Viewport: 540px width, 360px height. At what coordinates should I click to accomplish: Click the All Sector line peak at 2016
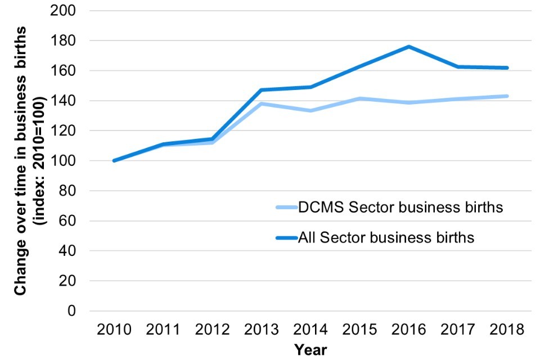(409, 47)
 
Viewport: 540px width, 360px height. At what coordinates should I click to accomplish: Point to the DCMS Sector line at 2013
(261, 103)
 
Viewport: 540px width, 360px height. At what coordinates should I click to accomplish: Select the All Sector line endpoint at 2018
(507, 68)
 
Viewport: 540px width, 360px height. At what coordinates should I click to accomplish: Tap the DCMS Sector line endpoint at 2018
(507, 96)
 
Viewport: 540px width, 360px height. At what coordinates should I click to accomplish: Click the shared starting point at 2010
(114, 160)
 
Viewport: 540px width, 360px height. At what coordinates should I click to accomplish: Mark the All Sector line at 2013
(261, 90)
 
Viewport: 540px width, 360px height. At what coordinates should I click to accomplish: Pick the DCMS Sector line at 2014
(310, 110)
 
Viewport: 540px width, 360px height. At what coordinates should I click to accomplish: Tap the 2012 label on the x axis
(212, 330)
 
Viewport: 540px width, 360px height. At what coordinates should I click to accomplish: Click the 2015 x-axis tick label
(359, 330)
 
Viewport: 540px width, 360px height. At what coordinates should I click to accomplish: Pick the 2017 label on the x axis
(458, 330)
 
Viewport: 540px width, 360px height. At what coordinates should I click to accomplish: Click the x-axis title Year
(310, 349)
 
